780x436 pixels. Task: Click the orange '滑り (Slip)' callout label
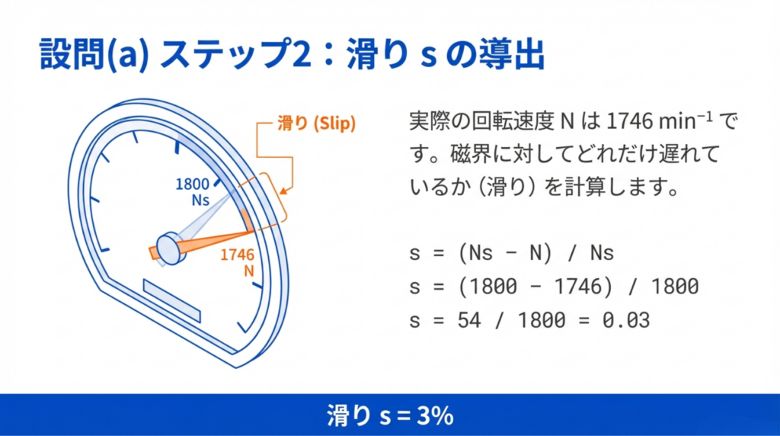pos(316,123)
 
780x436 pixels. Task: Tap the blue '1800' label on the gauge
pos(192,184)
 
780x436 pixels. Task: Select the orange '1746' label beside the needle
pos(238,255)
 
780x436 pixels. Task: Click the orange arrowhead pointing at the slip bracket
pos(285,191)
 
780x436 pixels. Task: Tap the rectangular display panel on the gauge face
pos(172,300)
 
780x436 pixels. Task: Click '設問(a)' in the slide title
pos(94,54)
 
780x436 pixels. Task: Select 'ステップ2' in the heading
pos(235,54)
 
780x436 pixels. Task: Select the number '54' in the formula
pos(469,320)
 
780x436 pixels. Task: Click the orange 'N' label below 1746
pos(249,271)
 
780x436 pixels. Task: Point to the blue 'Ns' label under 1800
pos(200,200)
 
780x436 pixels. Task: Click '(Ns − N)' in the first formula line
pos(505,253)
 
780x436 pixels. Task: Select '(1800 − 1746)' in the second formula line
pos(535,287)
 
